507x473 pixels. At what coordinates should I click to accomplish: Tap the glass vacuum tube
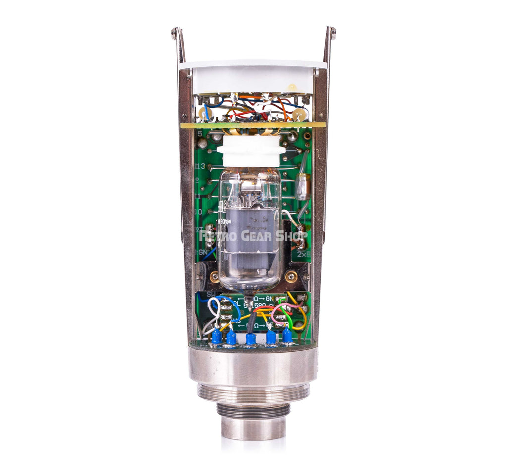(250, 228)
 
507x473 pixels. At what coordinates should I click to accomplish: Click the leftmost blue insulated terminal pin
(216, 336)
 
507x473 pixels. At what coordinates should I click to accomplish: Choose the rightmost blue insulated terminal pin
(287, 335)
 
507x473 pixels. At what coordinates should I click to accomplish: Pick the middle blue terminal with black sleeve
(251, 338)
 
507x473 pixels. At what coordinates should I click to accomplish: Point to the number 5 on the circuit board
(200, 134)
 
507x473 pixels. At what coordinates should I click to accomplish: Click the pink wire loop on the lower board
(277, 312)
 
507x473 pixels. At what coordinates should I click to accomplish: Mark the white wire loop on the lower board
(213, 309)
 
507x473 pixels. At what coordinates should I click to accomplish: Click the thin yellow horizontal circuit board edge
(253, 125)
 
